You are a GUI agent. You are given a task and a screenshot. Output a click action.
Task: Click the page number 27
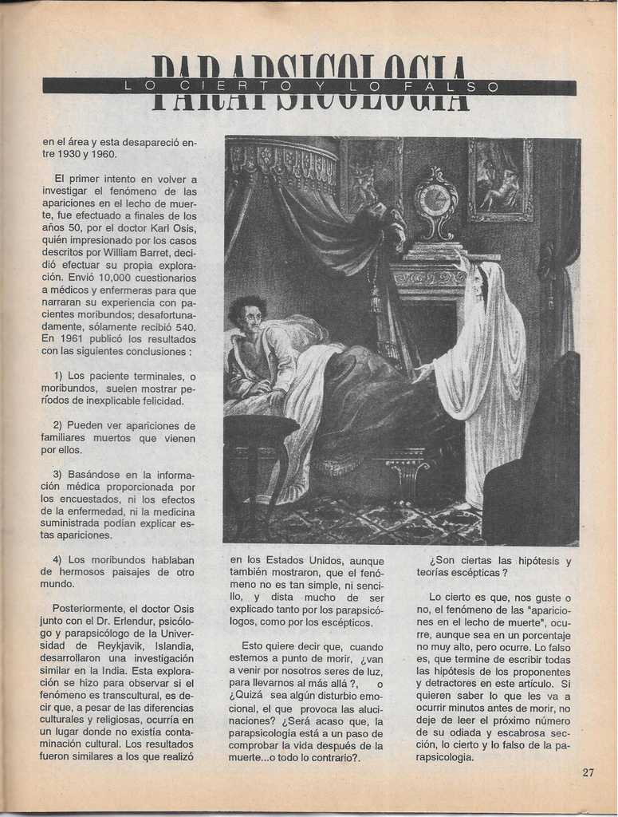coord(588,772)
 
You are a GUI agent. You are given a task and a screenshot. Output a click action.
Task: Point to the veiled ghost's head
coord(480,281)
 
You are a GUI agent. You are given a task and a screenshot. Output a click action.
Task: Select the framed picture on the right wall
coord(500,180)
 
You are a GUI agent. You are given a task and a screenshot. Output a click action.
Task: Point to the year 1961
coord(73,338)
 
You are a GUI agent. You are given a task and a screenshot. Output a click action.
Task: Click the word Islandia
coord(171,645)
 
